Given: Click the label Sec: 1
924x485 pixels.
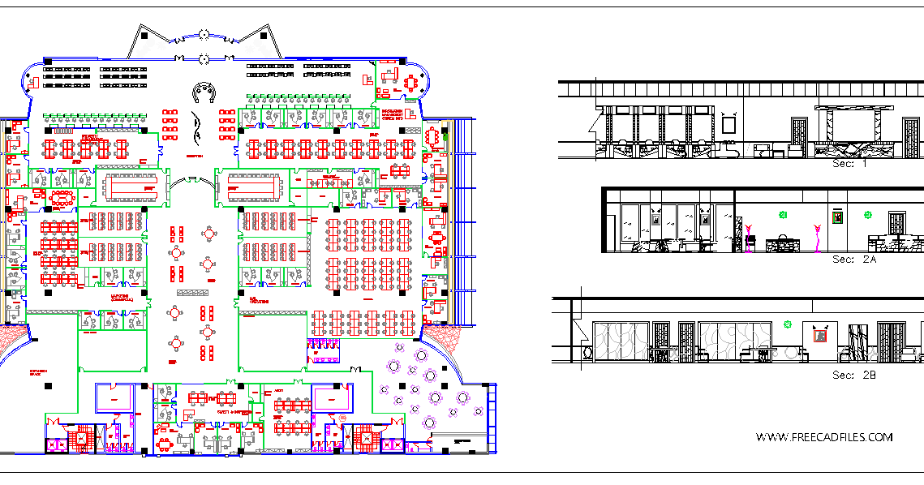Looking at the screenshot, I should (x=850, y=163).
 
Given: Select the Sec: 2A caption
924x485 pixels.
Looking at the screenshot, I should (x=854, y=260).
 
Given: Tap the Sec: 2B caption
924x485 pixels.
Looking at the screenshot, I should (x=854, y=376).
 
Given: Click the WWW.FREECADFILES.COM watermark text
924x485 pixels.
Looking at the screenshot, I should (x=824, y=437).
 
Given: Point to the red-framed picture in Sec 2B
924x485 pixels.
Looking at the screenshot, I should (x=820, y=333).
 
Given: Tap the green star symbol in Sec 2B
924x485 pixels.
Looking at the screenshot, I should (x=786, y=324).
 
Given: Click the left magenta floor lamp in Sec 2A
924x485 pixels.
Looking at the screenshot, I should (x=750, y=234).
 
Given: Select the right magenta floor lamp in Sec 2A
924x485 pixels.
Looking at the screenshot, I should (x=819, y=236).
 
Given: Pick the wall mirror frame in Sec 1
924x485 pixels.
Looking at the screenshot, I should (x=729, y=124).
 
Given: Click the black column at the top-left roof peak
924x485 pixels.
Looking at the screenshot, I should (x=143, y=36).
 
